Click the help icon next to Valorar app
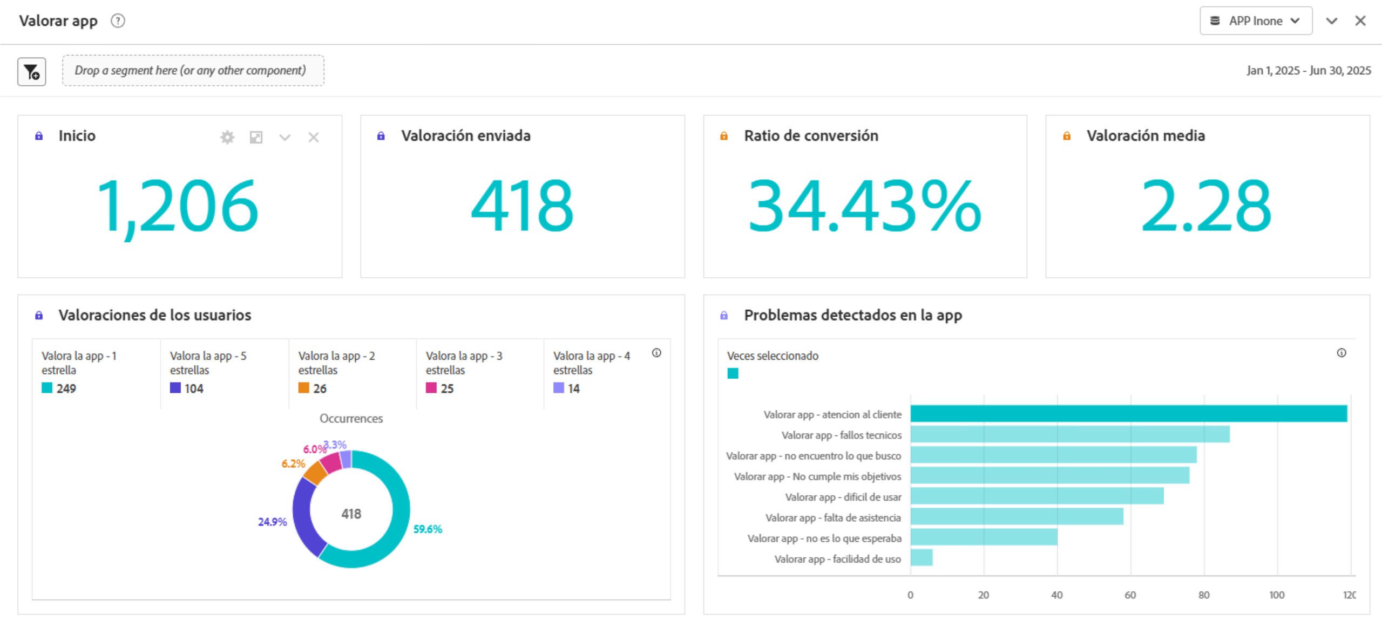point(118,21)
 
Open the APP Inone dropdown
point(1255,21)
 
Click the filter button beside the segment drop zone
point(31,72)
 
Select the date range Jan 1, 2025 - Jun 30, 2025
point(1308,71)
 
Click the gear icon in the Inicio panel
point(227,138)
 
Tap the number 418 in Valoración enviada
point(522,206)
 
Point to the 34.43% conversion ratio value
point(864,206)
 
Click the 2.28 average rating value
point(1206,206)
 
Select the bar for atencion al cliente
point(1128,414)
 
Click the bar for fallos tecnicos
point(1069,434)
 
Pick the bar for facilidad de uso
point(922,557)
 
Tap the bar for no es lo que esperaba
point(984,537)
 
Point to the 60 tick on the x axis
point(1130,595)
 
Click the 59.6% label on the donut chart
point(428,529)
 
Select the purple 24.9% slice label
point(272,522)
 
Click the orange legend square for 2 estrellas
point(303,388)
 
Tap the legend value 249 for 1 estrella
point(66,388)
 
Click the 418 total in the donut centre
point(351,514)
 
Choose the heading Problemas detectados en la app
point(852,315)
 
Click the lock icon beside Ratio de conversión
point(724,136)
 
